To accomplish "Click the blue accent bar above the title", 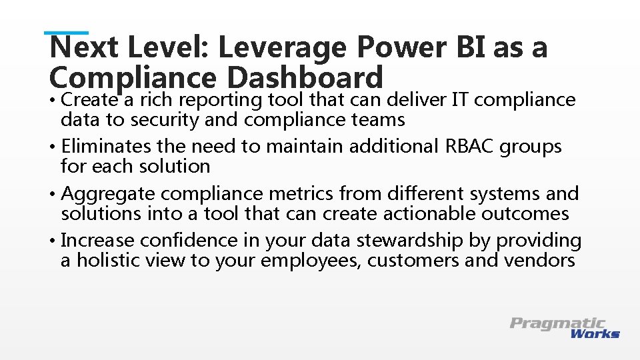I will point(67,32).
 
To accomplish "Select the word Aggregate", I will point(109,194).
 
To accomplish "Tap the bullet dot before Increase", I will point(53,241).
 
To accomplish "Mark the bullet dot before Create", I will point(53,101).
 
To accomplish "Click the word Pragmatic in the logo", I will point(557,323).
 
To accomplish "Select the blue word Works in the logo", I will point(595,333).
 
